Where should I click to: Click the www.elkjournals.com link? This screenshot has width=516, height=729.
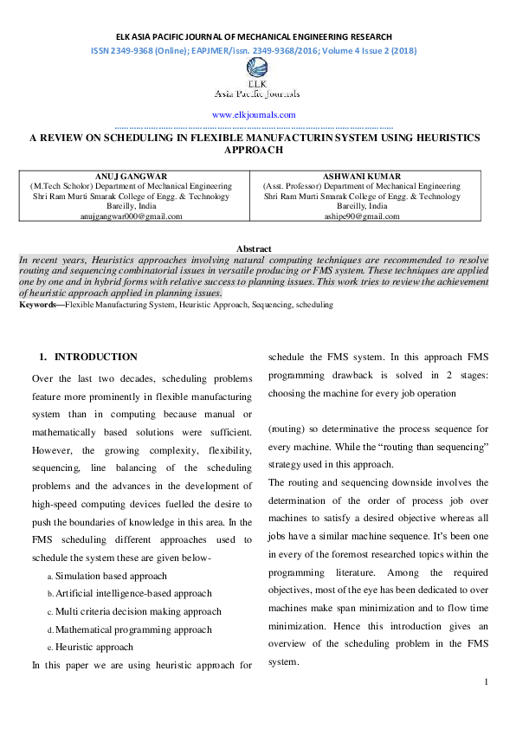coord(254,114)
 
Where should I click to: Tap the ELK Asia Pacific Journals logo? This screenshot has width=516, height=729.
coord(257,87)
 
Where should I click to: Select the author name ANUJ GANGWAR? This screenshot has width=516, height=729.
coord(131,177)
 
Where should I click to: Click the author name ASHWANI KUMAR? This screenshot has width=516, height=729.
coord(362,177)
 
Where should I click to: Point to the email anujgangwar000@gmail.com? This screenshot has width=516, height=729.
coord(131,216)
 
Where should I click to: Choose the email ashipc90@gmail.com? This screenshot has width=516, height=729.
coord(362,216)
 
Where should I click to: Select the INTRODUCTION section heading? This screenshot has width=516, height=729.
coord(95,357)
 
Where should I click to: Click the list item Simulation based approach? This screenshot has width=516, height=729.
coord(111,576)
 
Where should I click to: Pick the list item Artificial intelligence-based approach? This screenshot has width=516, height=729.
coord(133,594)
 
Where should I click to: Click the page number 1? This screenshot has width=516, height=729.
coord(487,683)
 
